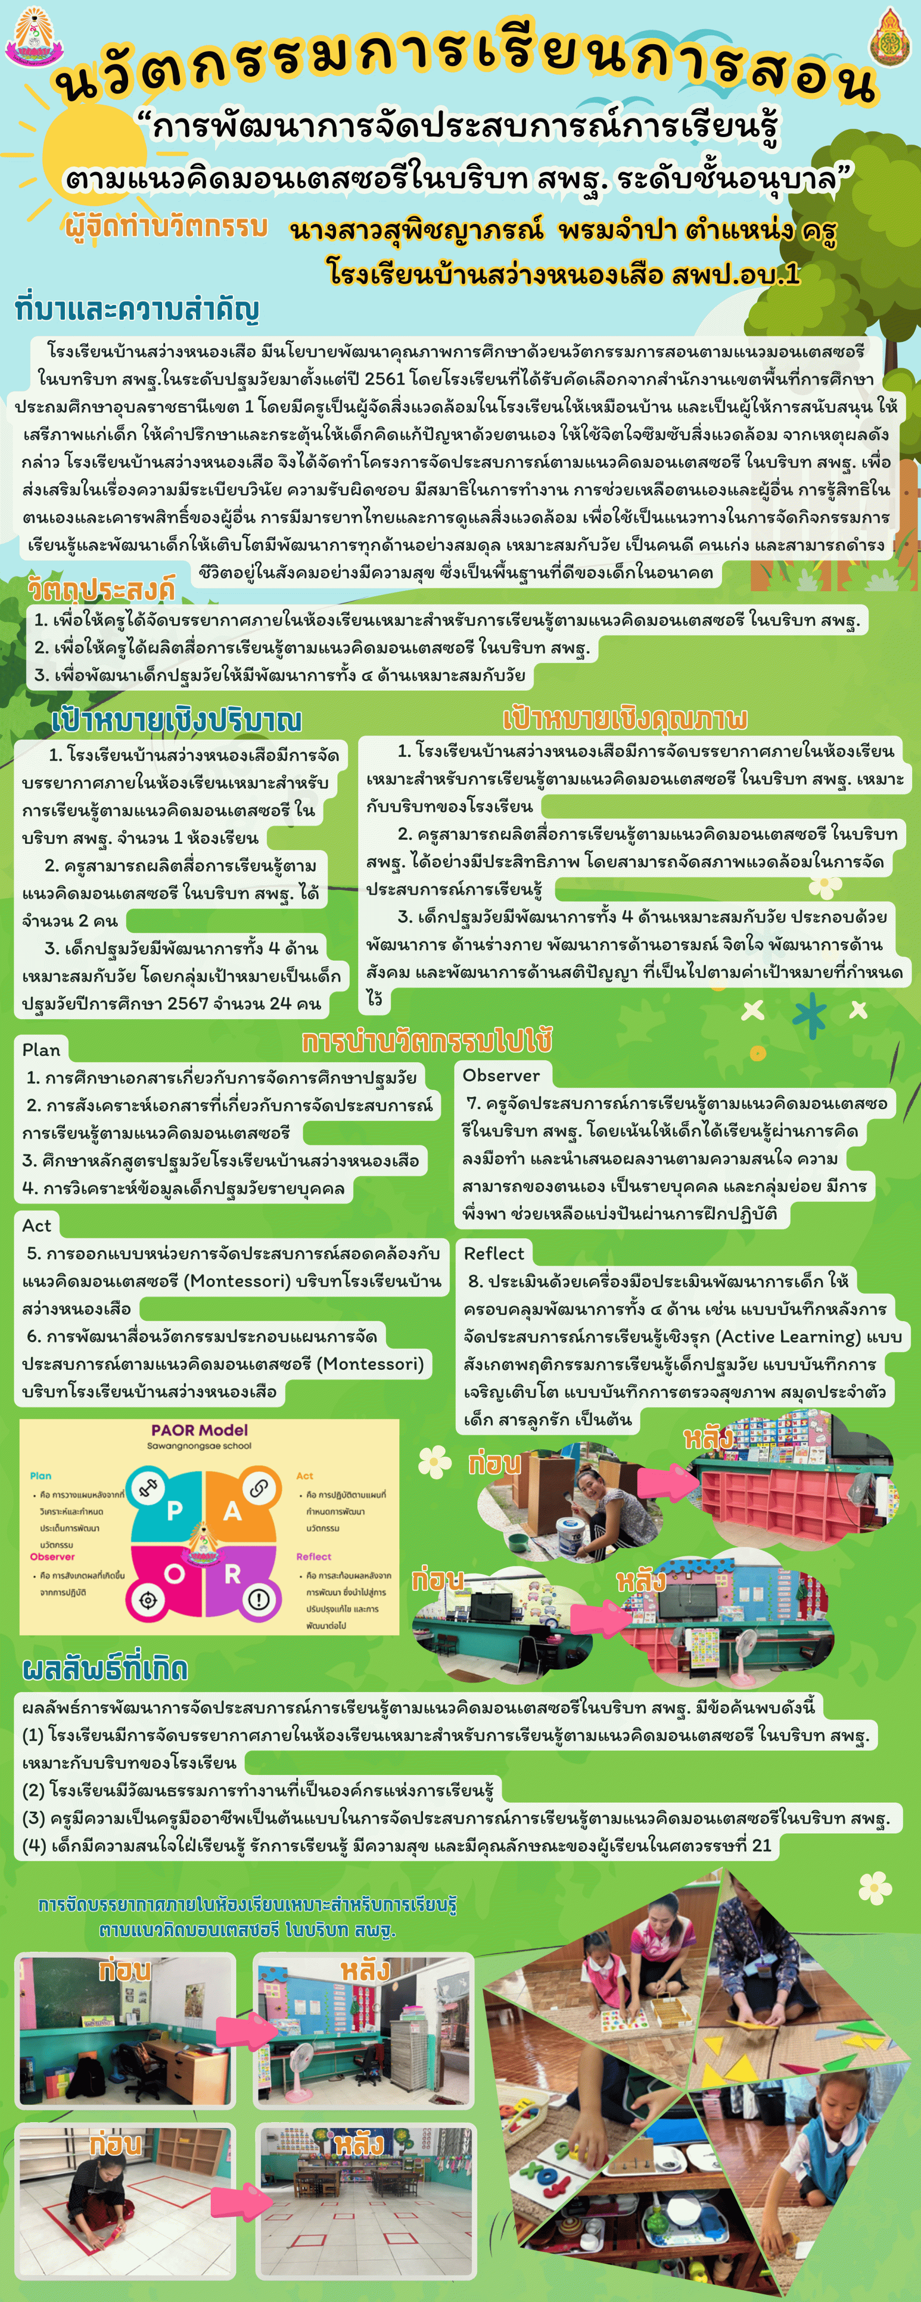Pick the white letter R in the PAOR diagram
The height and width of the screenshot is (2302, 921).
pyautogui.click(x=232, y=1575)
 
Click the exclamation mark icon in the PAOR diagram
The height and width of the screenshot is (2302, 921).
pyautogui.click(x=258, y=1599)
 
